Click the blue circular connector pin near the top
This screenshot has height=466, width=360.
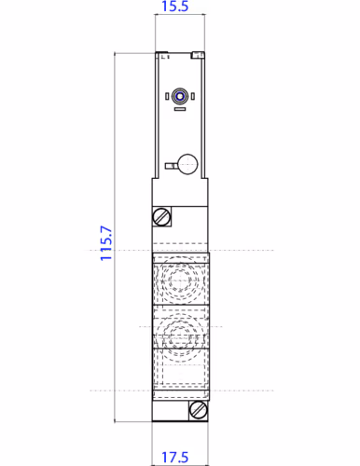[x=179, y=95]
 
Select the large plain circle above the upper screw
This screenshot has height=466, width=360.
[x=187, y=164]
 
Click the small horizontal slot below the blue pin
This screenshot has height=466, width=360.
[x=179, y=110]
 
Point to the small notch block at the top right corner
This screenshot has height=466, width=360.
[x=197, y=55]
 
